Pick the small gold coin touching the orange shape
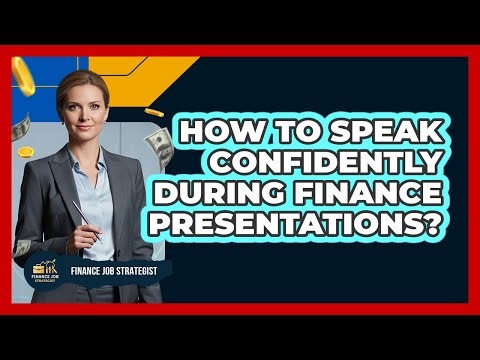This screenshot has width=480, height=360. coord(152,111)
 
